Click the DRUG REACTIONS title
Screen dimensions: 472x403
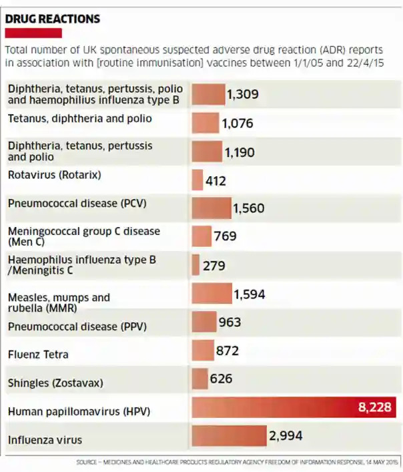53,19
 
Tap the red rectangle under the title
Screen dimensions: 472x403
33,33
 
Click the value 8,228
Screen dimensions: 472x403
374,407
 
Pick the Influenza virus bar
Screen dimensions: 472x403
229,436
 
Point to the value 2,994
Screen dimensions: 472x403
286,436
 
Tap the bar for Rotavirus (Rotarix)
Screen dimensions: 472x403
197,180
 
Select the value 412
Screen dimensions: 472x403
216,181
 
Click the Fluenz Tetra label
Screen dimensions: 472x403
38,354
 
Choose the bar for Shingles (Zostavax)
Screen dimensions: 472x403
199,379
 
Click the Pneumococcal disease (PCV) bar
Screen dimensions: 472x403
211,208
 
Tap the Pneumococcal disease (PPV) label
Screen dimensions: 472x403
77,326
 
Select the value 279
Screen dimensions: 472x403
214,266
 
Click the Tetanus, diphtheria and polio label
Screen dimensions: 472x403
79,119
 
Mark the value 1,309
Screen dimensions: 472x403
243,94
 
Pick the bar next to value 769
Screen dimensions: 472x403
201,236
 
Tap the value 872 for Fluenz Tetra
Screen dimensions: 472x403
227,350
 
